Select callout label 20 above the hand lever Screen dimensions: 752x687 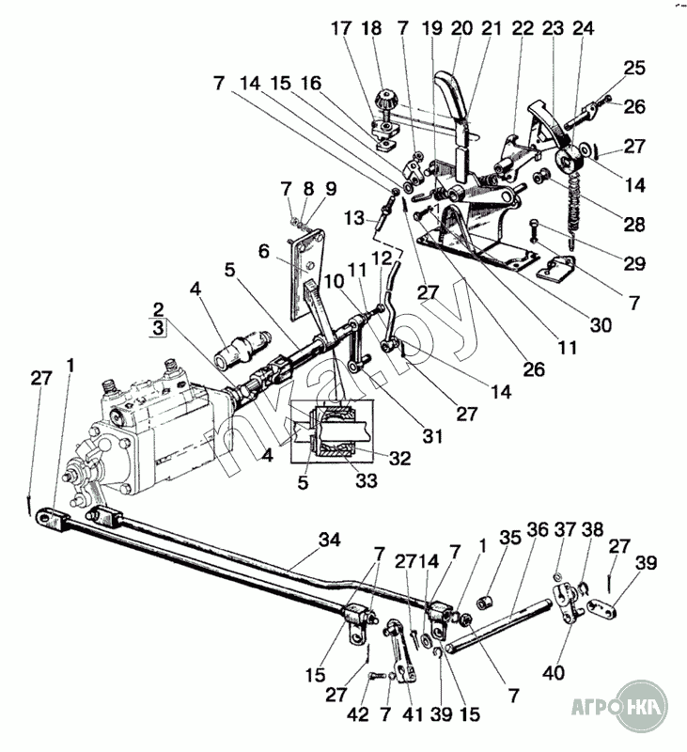click(461, 28)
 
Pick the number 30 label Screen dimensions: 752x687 click(601, 325)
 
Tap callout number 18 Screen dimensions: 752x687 click(372, 28)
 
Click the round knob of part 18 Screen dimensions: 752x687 click(384, 98)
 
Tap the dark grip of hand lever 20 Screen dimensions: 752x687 click(448, 99)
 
